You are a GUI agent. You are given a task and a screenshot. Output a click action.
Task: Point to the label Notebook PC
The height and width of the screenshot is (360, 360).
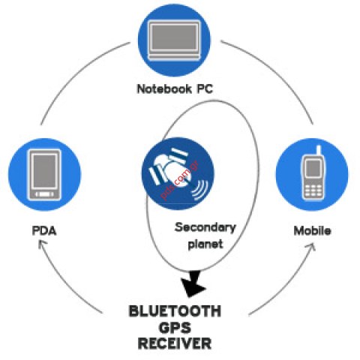[174, 88]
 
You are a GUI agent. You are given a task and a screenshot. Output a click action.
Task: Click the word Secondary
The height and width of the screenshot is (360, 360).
[205, 227]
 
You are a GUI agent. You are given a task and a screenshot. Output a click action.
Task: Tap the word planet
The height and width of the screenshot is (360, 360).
[205, 244]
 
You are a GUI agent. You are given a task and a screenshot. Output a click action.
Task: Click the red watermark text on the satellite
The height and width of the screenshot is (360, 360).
[174, 181]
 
